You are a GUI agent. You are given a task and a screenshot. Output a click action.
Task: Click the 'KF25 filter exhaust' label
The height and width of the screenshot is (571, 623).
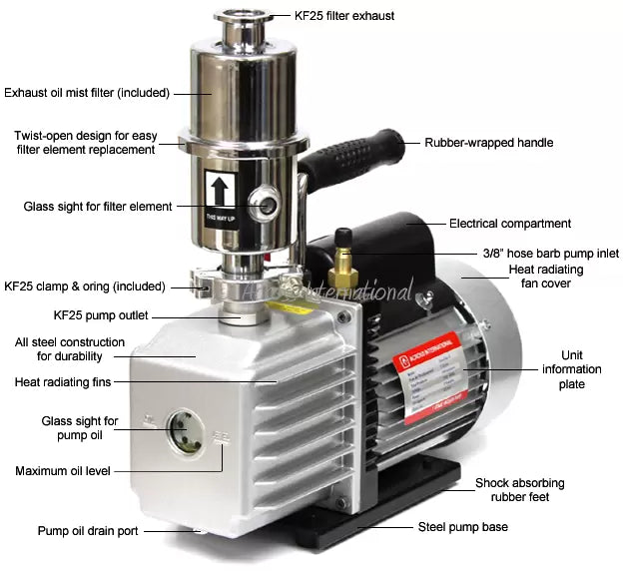coord(344,16)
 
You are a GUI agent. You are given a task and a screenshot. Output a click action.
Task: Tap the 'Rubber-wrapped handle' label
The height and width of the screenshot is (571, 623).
coord(488,143)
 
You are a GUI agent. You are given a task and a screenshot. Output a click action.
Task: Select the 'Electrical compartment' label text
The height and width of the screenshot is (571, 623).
coord(509,224)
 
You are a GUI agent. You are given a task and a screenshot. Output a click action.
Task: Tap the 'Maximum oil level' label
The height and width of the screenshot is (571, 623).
coord(63,470)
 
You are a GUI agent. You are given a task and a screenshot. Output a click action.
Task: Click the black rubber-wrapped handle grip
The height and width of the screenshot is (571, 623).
coord(349,160)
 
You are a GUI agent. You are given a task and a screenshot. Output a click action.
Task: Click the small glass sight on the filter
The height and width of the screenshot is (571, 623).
coord(265,205)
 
